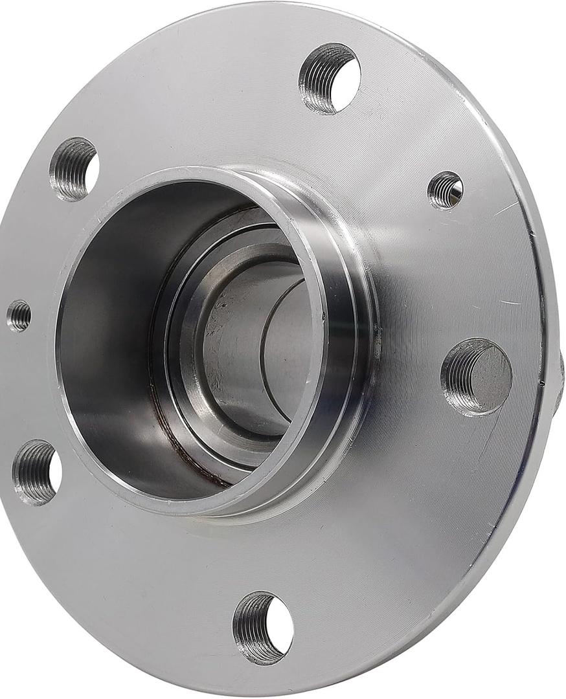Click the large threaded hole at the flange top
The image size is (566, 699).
330,78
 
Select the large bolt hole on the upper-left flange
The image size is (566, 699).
74,169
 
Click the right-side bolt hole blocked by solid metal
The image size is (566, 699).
477,376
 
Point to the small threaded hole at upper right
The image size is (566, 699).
446,190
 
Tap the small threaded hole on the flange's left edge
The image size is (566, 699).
19,316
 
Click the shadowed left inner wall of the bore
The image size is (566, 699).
97,337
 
